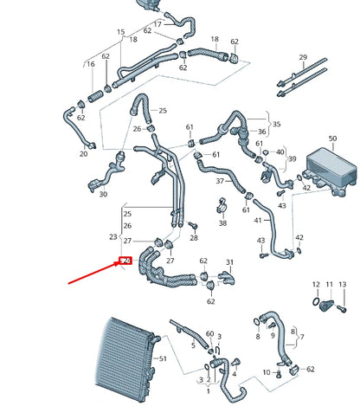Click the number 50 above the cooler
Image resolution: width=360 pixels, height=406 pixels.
point(332,139)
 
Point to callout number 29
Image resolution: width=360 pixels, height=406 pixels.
point(302,58)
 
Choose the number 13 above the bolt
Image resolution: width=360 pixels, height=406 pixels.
point(342,284)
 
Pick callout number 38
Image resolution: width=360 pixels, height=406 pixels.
point(223,223)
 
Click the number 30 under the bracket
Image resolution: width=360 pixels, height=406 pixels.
point(103,195)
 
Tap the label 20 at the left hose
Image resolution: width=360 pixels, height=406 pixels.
point(83,155)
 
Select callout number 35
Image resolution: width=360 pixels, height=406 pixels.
point(277,124)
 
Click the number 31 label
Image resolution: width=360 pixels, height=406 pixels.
point(229,262)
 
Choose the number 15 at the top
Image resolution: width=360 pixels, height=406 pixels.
point(120,32)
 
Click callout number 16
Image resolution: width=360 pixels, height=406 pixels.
point(90,64)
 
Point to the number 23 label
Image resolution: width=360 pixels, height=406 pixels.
point(112,236)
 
